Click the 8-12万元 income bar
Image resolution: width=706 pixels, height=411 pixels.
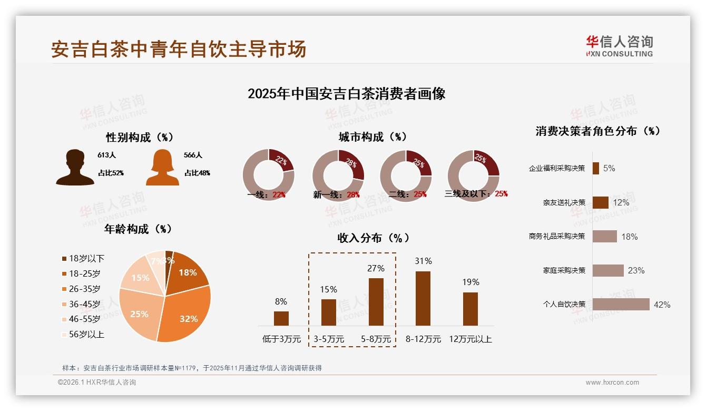[x=423, y=298]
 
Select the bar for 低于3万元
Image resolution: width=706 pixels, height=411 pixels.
[x=281, y=318]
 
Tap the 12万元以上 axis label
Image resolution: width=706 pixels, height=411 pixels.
[x=470, y=339]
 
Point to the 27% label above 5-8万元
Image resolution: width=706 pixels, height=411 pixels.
[x=376, y=268]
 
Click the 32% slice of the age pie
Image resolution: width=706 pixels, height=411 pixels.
[x=184, y=316]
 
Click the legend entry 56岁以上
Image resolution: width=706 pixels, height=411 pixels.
[x=86, y=334]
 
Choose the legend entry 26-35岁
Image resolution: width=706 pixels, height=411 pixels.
[x=84, y=289]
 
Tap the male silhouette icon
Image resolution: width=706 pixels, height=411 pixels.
[x=75, y=168]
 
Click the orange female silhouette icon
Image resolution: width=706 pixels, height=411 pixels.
[x=162, y=168]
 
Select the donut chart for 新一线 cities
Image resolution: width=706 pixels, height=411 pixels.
[x=338, y=175]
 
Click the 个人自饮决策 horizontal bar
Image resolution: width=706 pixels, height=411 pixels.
[x=621, y=304]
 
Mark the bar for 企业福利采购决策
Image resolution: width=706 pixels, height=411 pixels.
[x=595, y=168]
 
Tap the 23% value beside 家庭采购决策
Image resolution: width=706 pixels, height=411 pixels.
[x=636, y=270]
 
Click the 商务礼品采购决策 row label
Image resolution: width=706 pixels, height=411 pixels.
[x=557, y=236]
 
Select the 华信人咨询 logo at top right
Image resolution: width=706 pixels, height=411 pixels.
[x=619, y=46]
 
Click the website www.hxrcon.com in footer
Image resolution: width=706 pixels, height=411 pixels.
[x=612, y=383]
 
